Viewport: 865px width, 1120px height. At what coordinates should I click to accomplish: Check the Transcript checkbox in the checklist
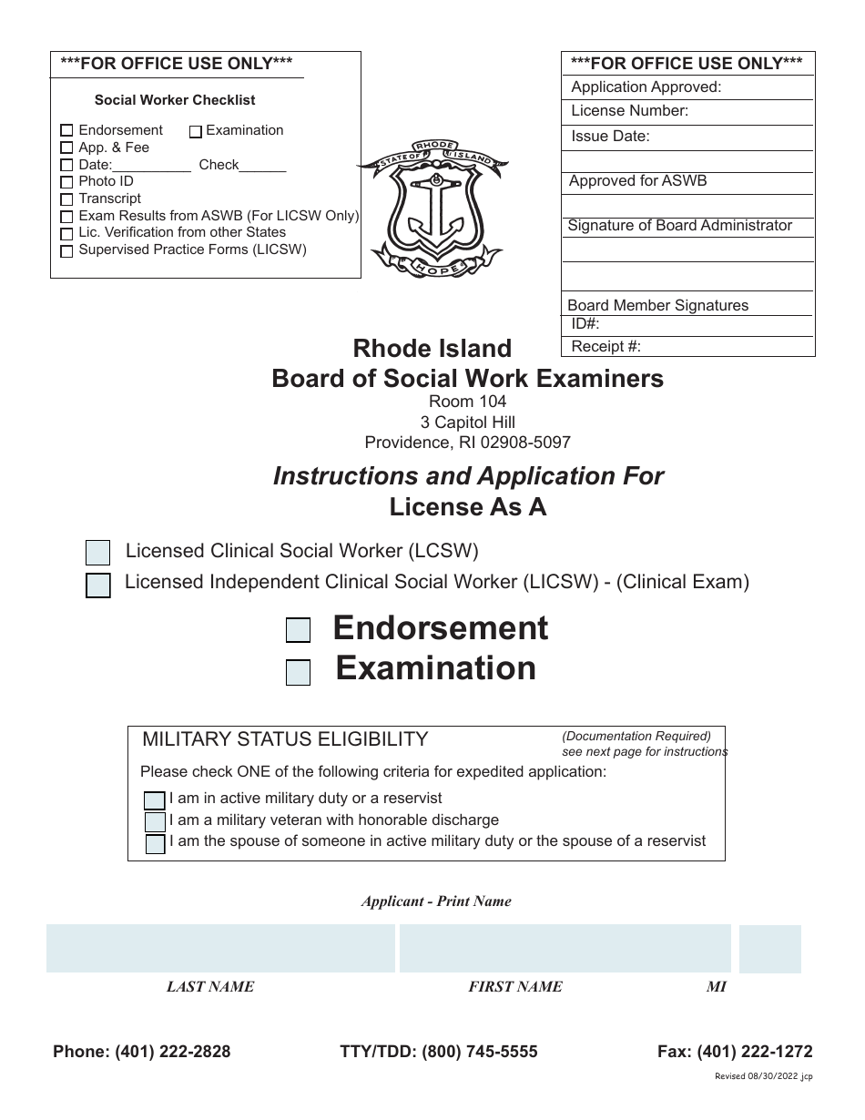coord(66,199)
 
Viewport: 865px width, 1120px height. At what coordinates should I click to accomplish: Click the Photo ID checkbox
coord(66,182)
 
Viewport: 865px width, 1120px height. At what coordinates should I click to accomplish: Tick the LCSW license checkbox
coord(97,553)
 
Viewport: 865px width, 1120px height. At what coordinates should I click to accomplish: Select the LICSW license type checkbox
coord(97,585)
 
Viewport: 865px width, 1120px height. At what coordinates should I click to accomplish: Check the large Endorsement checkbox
coord(298,630)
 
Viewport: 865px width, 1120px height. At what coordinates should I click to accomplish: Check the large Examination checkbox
coord(298,672)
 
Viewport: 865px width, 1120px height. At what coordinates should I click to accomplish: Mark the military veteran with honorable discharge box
coord(155,821)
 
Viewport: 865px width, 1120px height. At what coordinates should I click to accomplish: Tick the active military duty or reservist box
coord(155,800)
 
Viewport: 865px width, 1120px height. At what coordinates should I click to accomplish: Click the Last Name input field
coord(220,949)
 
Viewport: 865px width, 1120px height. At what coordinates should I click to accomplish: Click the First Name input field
coord(565,949)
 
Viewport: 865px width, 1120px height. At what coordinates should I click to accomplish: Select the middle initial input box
coord(769,949)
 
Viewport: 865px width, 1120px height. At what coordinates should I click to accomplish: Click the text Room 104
coord(467,402)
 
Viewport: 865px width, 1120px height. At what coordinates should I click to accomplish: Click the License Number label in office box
coord(629,111)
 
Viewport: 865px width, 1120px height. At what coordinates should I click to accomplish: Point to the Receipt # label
coord(605,347)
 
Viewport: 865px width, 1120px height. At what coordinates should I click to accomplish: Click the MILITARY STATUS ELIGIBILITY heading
coord(285,739)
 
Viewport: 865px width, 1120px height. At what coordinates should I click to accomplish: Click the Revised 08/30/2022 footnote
coord(763,1076)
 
